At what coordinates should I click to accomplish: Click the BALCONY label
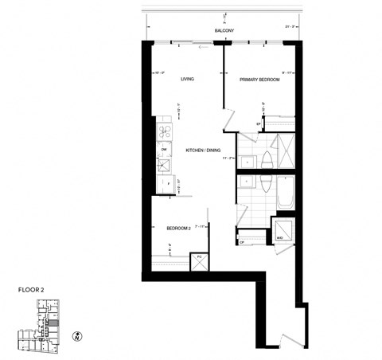coord(224,31)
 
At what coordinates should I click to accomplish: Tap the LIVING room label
coord(187,79)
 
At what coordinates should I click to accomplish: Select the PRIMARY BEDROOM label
coord(259,79)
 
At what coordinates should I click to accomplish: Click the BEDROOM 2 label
coord(178,228)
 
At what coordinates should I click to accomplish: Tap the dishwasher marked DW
coord(164,149)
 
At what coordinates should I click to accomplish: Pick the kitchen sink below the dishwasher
coord(165,166)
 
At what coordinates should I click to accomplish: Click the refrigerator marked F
coord(165,184)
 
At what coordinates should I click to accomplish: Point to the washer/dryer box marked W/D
coord(281,231)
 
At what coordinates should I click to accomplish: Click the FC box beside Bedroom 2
coord(199,260)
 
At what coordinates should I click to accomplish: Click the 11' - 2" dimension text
coord(229,158)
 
